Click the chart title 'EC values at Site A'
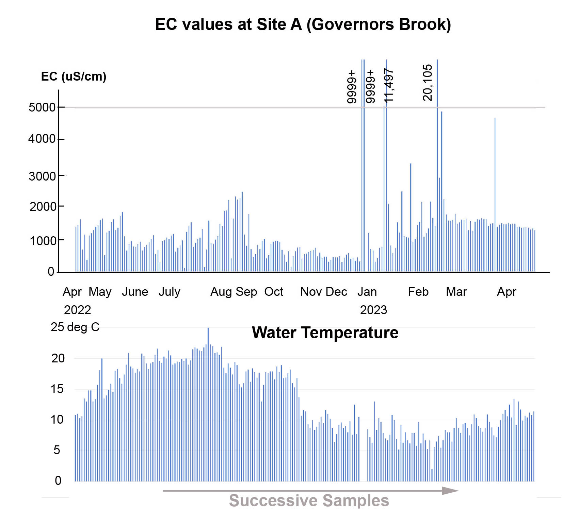[303, 24]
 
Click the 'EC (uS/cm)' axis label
[74, 76]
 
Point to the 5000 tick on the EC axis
[42, 107]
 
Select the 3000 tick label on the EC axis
[42, 176]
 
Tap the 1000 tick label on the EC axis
[43, 241]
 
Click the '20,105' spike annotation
[427, 83]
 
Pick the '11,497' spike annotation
[388, 85]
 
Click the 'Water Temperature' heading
[325, 333]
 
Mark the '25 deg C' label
[75, 327]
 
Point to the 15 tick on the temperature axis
[57, 389]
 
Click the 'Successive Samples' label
[309, 500]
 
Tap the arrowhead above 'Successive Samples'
[450, 491]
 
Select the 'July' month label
[169, 292]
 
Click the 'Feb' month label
[418, 292]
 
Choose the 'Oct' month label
[274, 292]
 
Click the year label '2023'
[373, 310]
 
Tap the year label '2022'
[77, 310]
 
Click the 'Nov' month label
[311, 292]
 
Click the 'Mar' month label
[456, 292]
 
